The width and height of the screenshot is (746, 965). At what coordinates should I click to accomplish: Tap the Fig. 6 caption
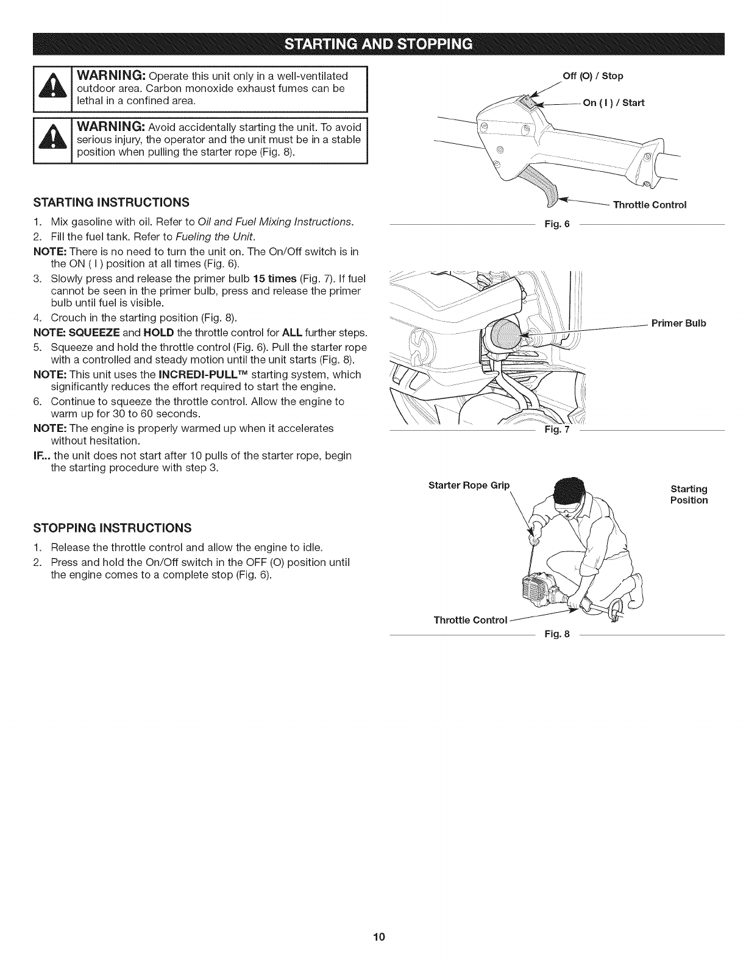(556, 224)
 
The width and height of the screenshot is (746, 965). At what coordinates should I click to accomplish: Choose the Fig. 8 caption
(556, 634)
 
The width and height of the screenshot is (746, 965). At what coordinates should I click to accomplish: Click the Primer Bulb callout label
(678, 323)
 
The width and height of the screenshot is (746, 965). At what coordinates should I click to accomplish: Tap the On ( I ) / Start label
(613, 102)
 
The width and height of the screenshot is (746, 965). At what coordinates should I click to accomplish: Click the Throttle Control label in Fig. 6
(650, 205)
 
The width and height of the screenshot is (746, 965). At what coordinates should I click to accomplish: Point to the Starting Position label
(689, 495)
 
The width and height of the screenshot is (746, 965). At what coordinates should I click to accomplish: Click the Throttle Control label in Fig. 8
(470, 620)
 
